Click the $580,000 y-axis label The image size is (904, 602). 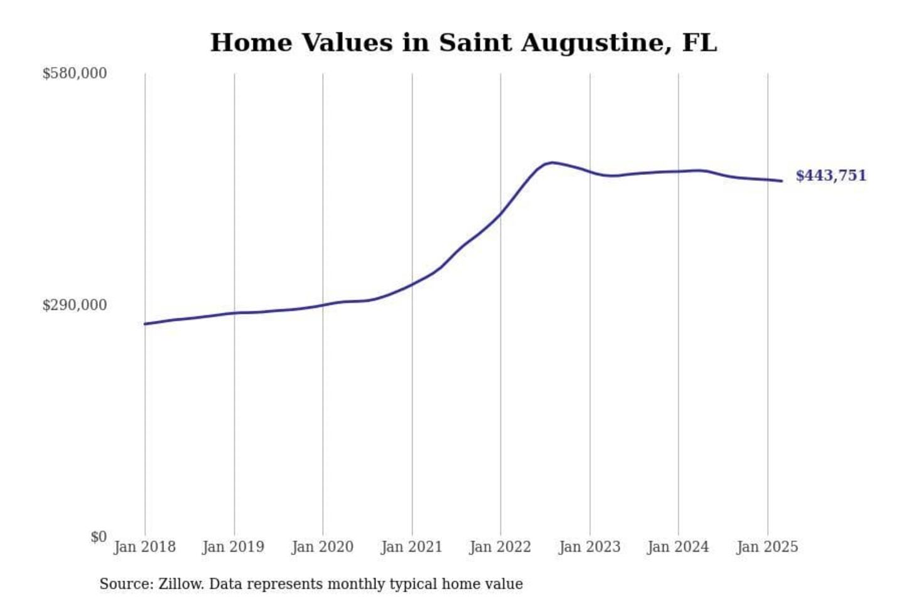[x=74, y=73]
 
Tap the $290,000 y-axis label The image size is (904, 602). [x=74, y=305]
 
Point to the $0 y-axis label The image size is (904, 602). [x=99, y=537]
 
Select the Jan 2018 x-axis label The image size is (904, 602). [x=144, y=547]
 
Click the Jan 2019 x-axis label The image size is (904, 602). [x=234, y=547]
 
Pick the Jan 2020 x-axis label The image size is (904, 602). [x=323, y=547]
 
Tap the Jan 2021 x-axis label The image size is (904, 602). [x=412, y=547]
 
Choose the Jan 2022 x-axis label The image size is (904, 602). [x=500, y=547]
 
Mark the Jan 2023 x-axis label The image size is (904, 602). [x=589, y=547]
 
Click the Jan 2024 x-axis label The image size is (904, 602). [x=678, y=547]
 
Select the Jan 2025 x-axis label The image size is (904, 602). [x=767, y=547]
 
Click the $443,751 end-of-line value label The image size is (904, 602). [x=831, y=176]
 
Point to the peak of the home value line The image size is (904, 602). [x=551, y=162]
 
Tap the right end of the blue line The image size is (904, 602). [x=782, y=181]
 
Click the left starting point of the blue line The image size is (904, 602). [x=145, y=324]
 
